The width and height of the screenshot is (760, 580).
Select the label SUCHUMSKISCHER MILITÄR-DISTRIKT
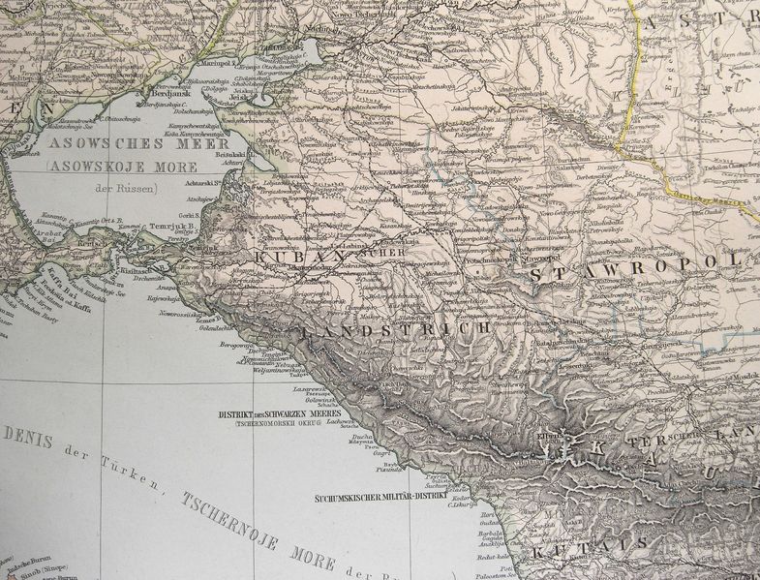[x=380, y=498]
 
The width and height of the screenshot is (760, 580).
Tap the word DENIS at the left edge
[x=26, y=436]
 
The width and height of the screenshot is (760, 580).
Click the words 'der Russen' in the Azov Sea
[x=126, y=187]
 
